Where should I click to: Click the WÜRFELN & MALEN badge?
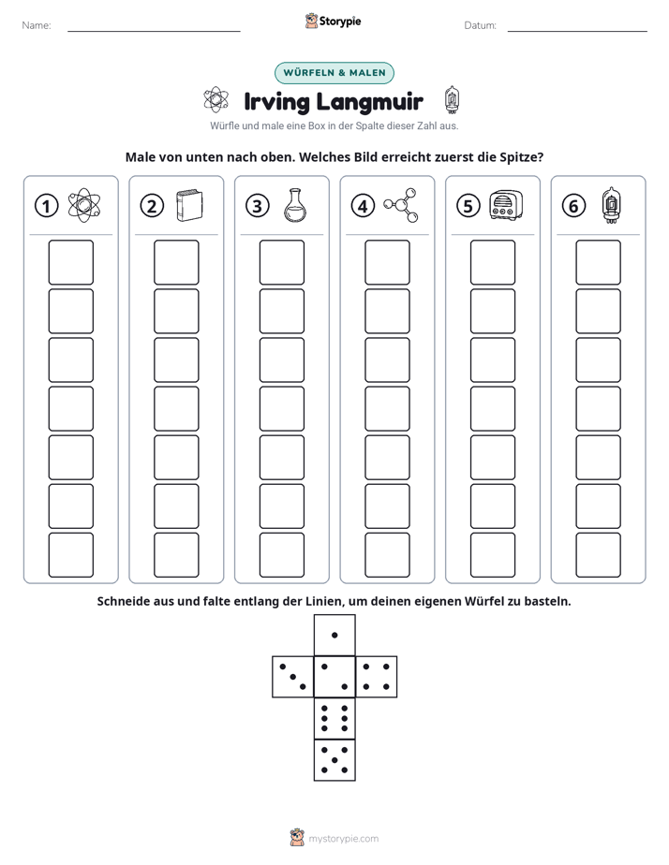coord(334,73)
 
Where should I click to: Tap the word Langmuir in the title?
coord(369,102)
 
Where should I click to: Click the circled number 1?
coord(46,206)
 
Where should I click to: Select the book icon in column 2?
coord(189,206)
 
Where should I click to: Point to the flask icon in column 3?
coord(295,205)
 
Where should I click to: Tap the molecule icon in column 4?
coord(401,205)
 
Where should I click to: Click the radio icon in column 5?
coord(506,205)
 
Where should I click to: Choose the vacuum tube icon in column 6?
coord(611,205)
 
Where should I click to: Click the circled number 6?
coord(573,206)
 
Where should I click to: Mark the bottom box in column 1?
coord(70,555)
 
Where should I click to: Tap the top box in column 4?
coord(388,262)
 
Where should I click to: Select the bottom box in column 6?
coord(599,555)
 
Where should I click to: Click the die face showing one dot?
coord(334,636)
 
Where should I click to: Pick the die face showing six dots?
coord(334,718)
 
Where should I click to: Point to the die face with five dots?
coord(334,760)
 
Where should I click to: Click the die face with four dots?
coord(377,677)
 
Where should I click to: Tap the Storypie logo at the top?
coord(333,21)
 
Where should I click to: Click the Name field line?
coord(154,31)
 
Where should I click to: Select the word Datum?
coord(480,25)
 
